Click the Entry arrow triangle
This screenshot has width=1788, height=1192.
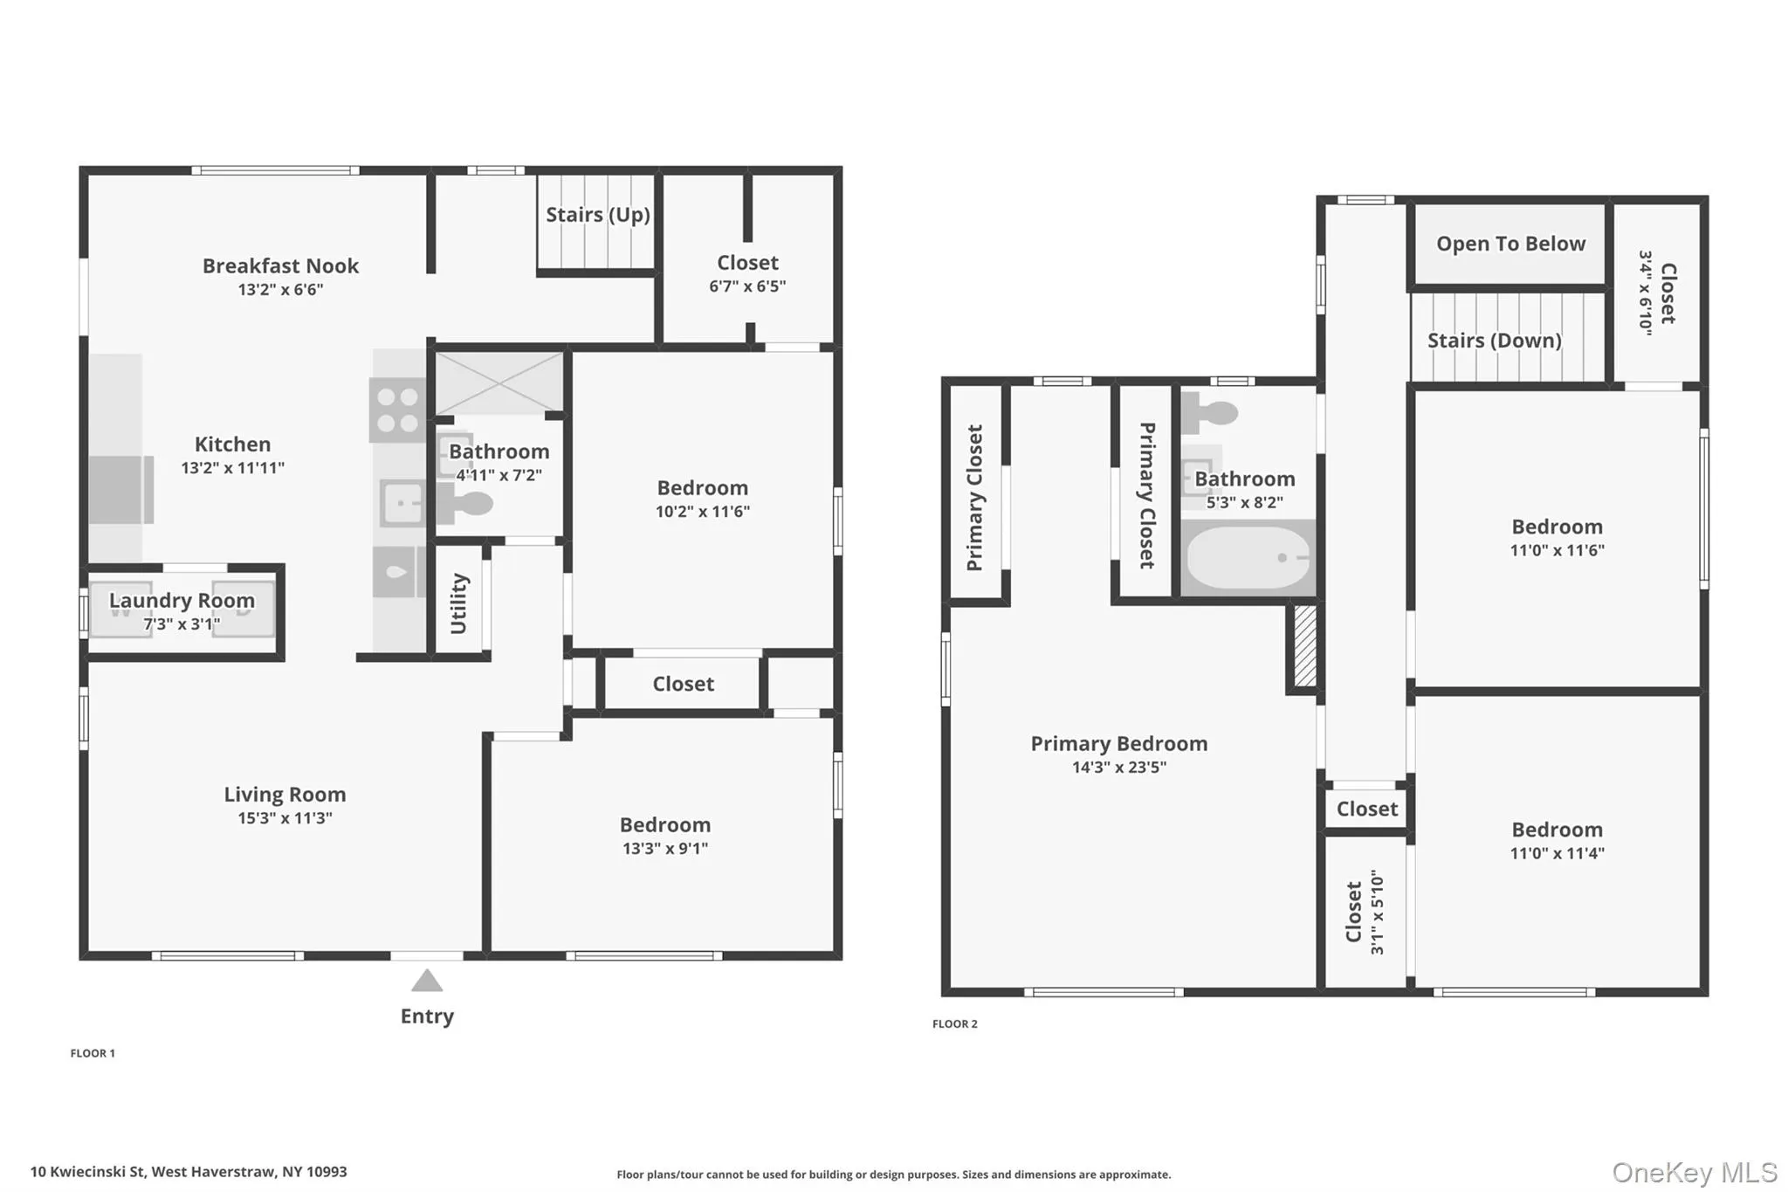click(427, 981)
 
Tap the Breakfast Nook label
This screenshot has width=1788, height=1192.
click(280, 265)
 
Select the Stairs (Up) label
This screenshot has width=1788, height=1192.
click(598, 215)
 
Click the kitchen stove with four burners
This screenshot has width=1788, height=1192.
click(397, 410)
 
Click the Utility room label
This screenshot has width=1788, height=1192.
click(459, 603)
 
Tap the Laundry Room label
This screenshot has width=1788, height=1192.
click(182, 600)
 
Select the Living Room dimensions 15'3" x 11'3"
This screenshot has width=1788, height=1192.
click(285, 818)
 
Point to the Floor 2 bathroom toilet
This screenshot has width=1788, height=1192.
click(1210, 412)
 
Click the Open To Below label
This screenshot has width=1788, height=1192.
click(1510, 244)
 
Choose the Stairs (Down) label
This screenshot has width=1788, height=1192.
click(1494, 341)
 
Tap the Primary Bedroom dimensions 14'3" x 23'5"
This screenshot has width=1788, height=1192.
click(1119, 768)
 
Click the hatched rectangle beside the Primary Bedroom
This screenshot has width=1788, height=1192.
click(1304, 645)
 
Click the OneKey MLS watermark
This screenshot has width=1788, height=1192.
click(1695, 1172)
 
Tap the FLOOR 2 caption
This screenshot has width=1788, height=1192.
click(955, 1024)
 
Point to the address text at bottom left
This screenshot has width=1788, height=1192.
click(189, 1172)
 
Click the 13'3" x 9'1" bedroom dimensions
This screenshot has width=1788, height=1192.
click(665, 849)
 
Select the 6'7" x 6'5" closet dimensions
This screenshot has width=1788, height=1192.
click(747, 286)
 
